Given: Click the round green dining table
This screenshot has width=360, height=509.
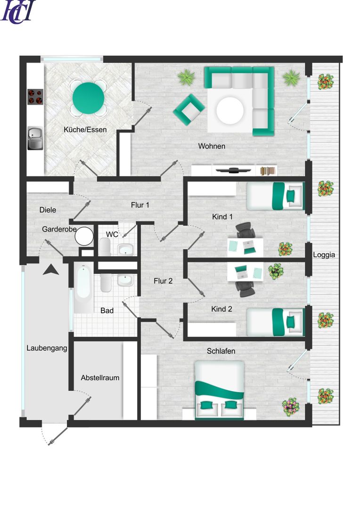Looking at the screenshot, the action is point(88,98).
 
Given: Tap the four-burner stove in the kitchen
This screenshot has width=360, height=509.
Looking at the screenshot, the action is point(35,97).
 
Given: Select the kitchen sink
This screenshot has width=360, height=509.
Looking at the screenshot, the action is point(35,138).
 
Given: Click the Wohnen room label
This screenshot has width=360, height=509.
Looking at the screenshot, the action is point(212,146).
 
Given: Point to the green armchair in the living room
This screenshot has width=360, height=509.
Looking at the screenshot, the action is point(189,110).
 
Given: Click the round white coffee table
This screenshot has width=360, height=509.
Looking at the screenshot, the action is point(230,110).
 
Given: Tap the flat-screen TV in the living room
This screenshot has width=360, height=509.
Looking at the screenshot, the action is point(234,170).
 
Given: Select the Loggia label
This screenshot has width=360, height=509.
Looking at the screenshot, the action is point(324,255).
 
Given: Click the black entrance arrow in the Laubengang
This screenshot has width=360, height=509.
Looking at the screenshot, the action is point(51,270).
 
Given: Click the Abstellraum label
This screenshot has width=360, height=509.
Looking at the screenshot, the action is point(100,378).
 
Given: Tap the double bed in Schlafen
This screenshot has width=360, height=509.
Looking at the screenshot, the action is point(220,390).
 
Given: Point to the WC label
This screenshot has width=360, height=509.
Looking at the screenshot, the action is point(112,234).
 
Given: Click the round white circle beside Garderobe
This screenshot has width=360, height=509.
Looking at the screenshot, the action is point(84,236).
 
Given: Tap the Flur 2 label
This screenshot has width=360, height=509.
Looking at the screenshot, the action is point(163,281).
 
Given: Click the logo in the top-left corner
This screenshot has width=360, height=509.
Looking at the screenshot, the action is point(18,12).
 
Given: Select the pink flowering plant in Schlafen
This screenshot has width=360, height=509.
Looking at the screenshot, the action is point(291,407).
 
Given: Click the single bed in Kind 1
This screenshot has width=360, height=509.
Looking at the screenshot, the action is point(275,196).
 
